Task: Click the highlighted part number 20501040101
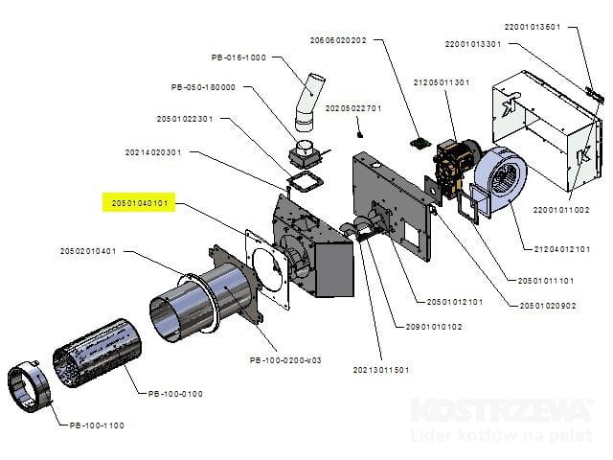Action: [140, 203]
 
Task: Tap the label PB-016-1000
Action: [238, 57]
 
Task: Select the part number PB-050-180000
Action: [203, 87]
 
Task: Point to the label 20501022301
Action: [185, 119]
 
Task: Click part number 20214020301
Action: [153, 151]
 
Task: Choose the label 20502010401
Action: [88, 251]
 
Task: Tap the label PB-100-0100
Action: [175, 393]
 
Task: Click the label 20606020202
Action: [338, 41]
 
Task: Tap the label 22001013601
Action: [532, 27]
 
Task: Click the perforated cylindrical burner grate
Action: [97, 359]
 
